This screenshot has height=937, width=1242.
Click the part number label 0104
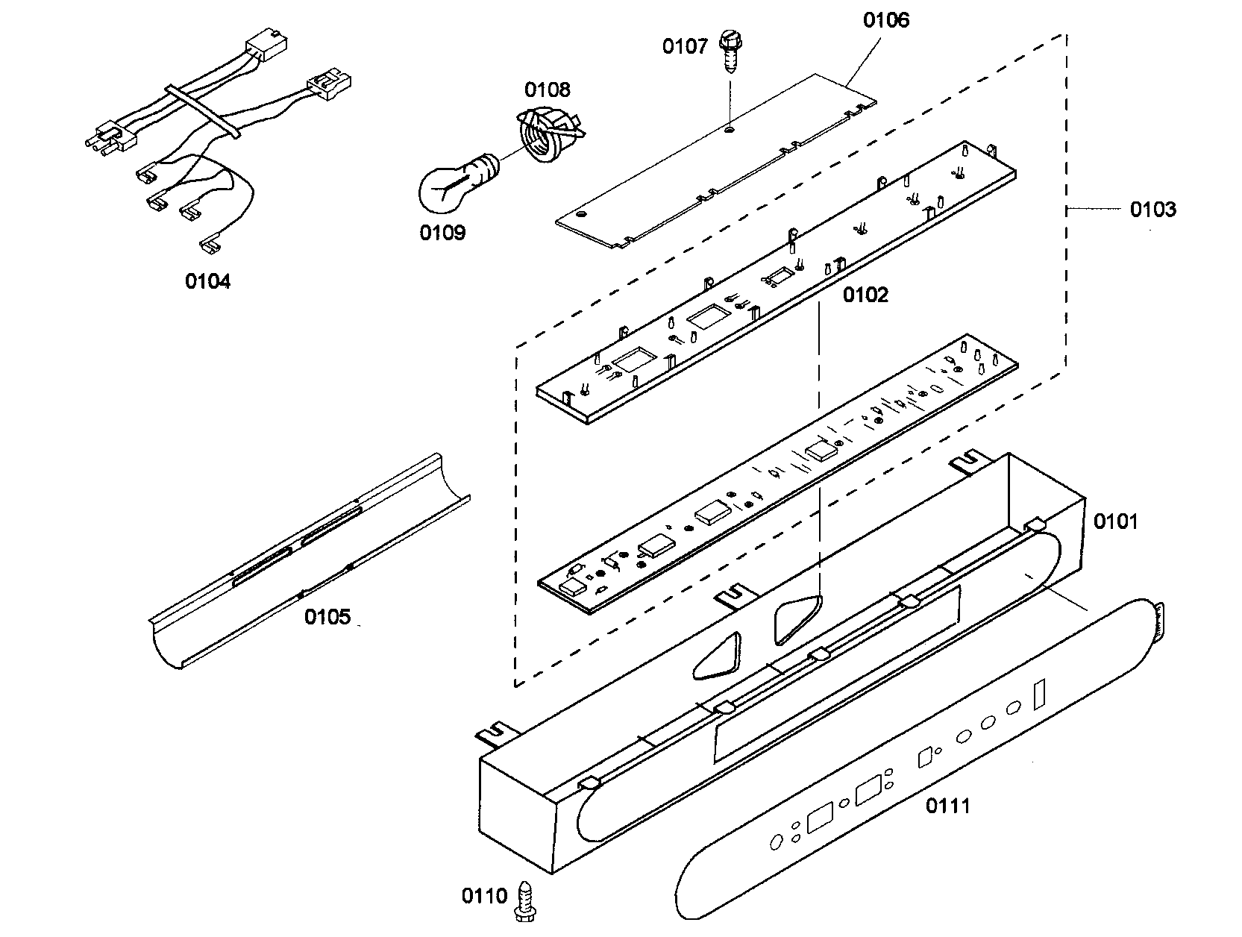click(207, 281)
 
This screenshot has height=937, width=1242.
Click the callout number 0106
click(886, 20)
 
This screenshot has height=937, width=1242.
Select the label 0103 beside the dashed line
click(1152, 210)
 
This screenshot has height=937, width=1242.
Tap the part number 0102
click(866, 295)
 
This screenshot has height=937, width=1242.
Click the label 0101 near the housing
click(1116, 521)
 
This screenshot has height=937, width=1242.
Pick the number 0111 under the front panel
click(948, 806)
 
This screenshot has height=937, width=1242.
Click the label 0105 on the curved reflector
click(327, 617)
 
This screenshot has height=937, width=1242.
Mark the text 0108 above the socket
click(547, 90)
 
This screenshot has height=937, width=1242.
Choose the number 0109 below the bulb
click(442, 233)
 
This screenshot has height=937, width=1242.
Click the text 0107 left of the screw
click(685, 47)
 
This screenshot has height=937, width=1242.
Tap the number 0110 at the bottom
click(484, 896)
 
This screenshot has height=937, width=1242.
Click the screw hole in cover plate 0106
click(730, 130)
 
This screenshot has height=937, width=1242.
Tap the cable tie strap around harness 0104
click(201, 111)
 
